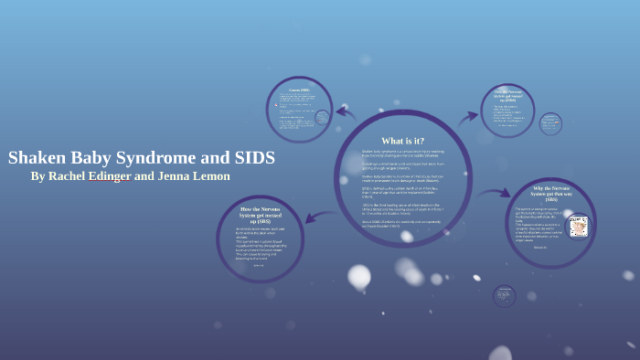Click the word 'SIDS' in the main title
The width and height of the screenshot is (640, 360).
tap(252, 157)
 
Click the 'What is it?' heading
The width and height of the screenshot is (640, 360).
tap(402, 141)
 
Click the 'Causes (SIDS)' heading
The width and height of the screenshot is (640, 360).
tap(298, 90)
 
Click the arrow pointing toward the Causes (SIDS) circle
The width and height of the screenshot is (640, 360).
tap(345, 112)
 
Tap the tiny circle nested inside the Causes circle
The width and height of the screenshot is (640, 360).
tap(322, 118)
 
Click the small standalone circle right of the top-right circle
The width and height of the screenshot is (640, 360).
tap(550, 123)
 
